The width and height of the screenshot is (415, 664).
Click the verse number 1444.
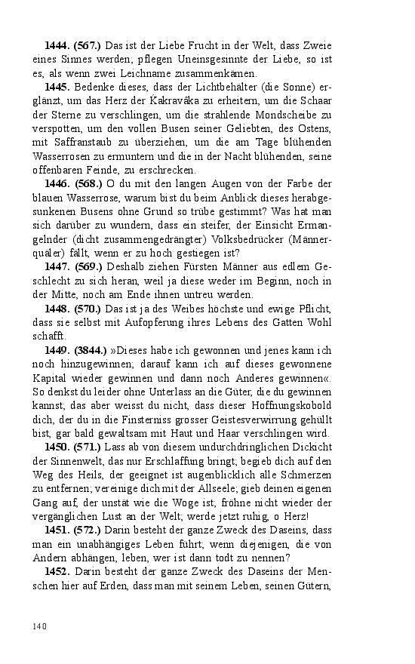click(x=57, y=47)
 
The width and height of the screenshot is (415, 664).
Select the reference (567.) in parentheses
click(x=88, y=47)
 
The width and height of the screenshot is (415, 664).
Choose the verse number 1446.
click(x=57, y=184)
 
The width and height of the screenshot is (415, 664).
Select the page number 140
click(x=41, y=626)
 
